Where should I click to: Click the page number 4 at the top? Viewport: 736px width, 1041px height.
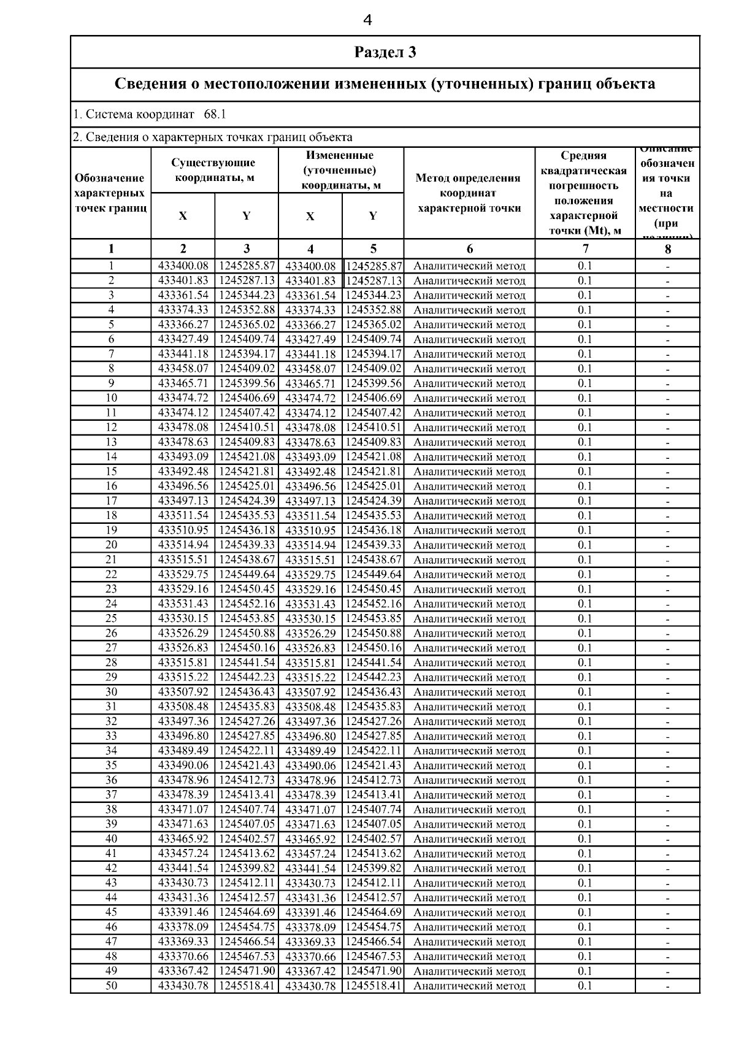pos(367,20)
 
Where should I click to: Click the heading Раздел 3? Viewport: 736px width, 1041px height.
pos(385,52)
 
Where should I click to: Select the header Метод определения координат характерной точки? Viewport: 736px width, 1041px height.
pos(469,193)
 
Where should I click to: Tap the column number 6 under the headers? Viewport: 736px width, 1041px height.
pos(470,248)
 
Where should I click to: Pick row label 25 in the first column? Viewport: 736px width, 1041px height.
pos(111,618)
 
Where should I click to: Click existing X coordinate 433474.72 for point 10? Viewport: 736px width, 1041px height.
pos(183,398)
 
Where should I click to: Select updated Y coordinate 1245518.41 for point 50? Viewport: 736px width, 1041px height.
pos(373,986)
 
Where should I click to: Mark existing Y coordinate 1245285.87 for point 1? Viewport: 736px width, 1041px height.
pos(247,266)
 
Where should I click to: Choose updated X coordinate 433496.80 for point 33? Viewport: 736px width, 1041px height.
pos(310,736)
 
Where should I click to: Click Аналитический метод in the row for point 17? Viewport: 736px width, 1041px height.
pos(469,501)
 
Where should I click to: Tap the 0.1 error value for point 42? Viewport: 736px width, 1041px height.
pos(585,868)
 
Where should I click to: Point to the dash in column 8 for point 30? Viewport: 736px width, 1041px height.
pos(667,693)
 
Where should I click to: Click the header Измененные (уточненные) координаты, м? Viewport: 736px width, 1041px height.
pos(341,170)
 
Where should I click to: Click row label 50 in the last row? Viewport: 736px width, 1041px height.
pos(111,986)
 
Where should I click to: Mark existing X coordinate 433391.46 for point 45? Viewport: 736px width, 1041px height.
pos(183,912)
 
